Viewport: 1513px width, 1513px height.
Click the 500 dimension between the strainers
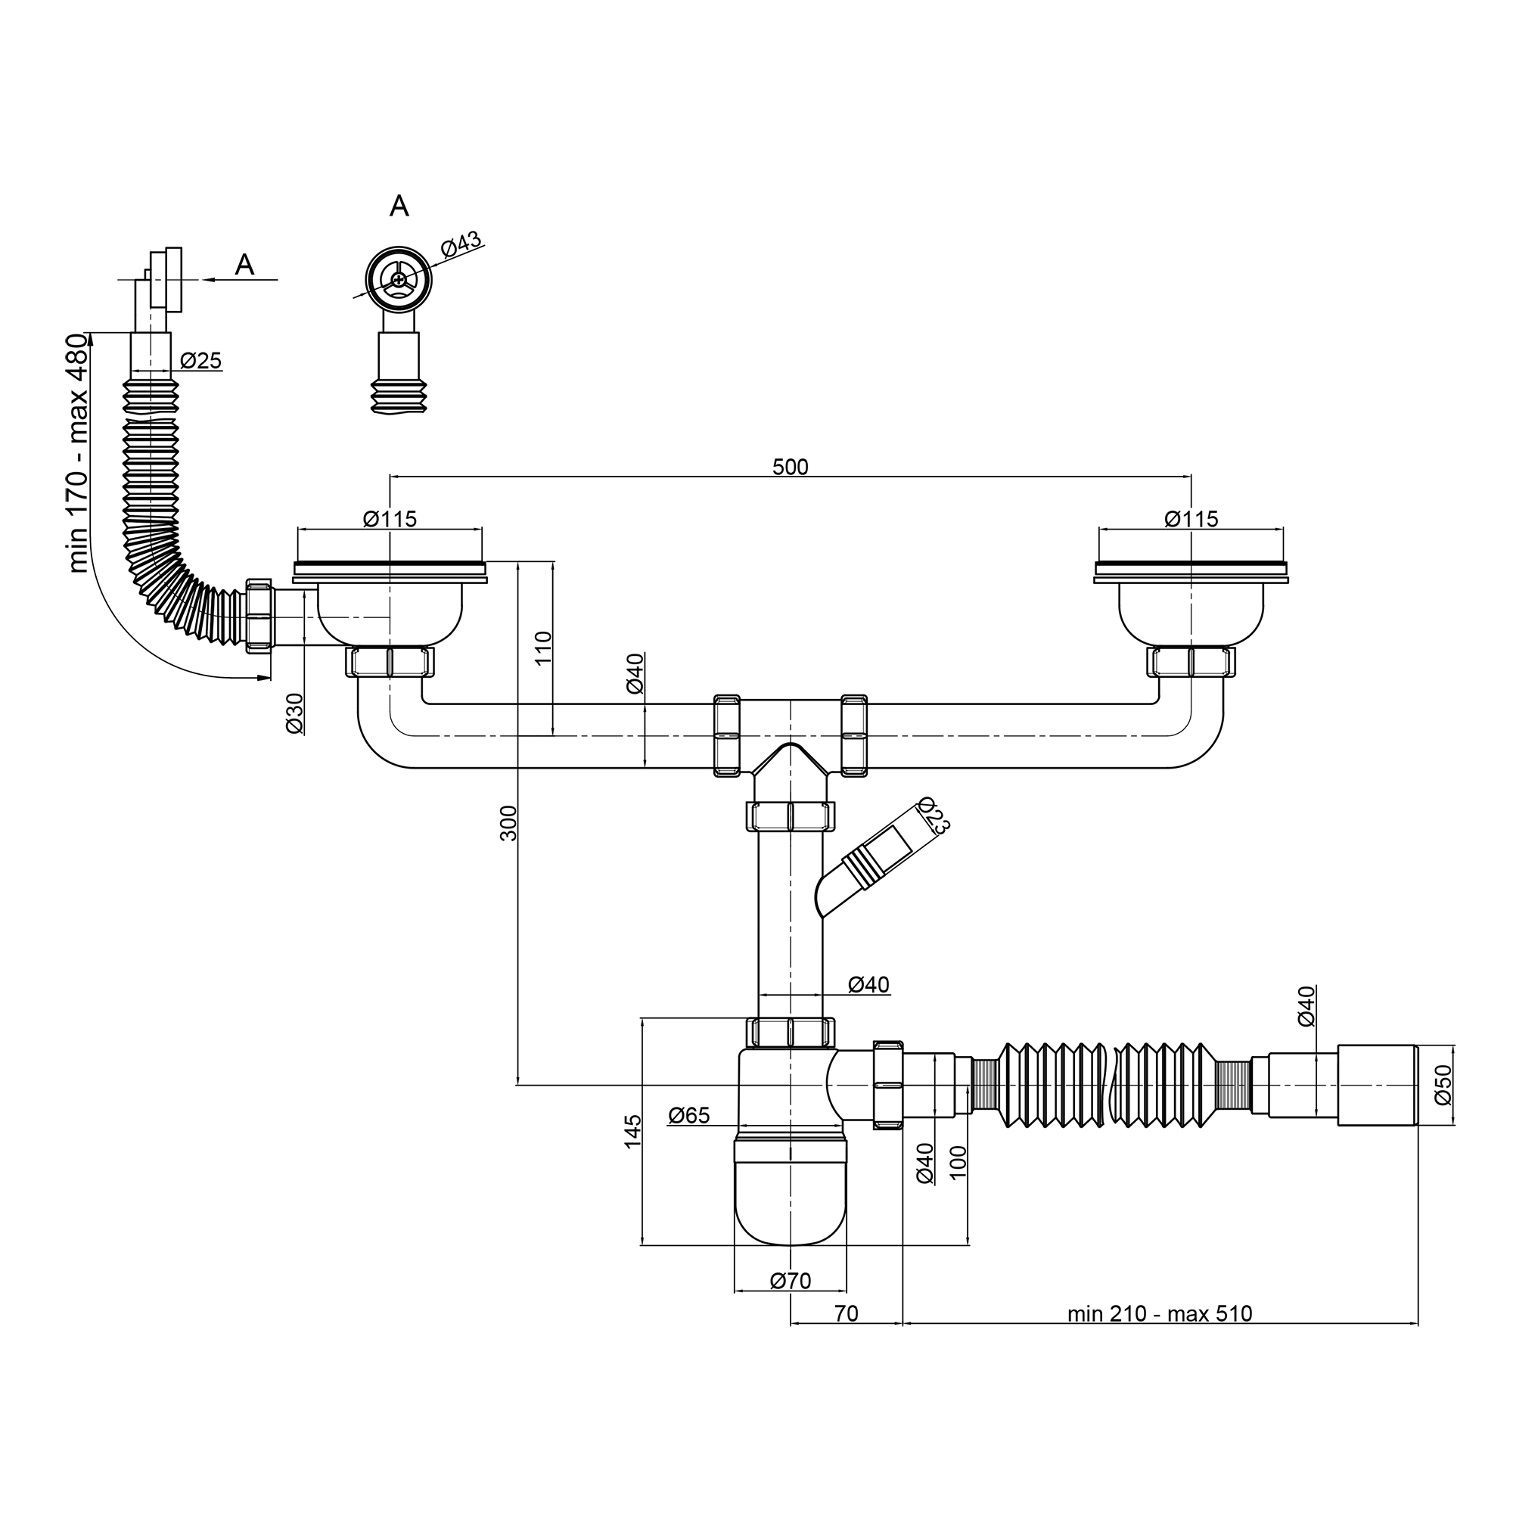click(791, 468)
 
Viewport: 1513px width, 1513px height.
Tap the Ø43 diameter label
click(461, 244)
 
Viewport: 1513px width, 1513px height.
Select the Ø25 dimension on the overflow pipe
click(201, 361)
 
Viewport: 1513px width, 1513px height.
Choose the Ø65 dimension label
click(689, 1115)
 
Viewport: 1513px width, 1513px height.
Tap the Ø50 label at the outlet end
click(1443, 1085)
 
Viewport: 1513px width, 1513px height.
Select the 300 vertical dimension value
click(509, 823)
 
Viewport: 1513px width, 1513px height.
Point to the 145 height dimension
click(632, 1131)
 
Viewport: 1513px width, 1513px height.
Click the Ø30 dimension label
click(294, 713)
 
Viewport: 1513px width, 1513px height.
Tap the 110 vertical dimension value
click(543, 648)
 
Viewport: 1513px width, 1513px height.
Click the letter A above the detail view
click(399, 206)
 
